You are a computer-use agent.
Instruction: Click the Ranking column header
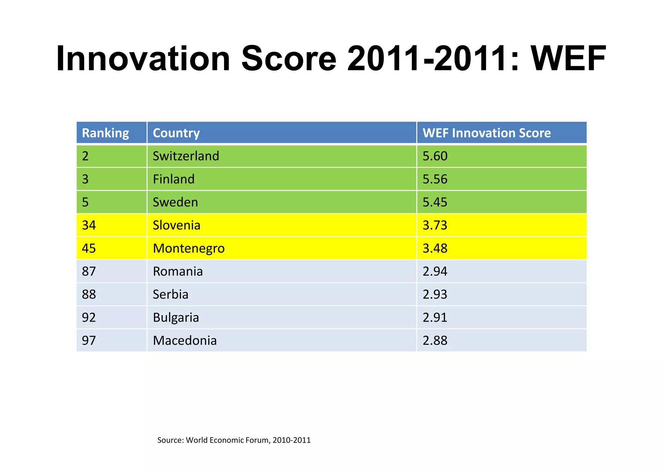click(105, 133)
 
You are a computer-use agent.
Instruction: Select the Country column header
click(176, 133)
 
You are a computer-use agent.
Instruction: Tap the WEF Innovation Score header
click(486, 133)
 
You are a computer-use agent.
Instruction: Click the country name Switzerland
click(186, 156)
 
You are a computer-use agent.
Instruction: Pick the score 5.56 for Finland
click(435, 179)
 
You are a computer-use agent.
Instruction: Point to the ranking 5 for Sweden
click(85, 202)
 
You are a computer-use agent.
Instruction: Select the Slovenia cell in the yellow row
click(176, 225)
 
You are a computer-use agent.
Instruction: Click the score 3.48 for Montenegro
click(435, 248)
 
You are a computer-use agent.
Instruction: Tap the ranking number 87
click(89, 271)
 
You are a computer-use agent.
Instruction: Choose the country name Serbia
click(171, 294)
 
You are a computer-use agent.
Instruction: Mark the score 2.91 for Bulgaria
click(435, 317)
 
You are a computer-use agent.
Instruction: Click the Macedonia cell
click(185, 340)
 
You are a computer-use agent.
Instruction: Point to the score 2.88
click(435, 340)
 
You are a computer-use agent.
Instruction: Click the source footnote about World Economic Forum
click(234, 440)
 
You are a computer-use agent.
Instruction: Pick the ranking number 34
click(89, 225)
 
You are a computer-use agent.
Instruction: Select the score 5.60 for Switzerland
click(435, 156)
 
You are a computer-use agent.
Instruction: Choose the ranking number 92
click(89, 317)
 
